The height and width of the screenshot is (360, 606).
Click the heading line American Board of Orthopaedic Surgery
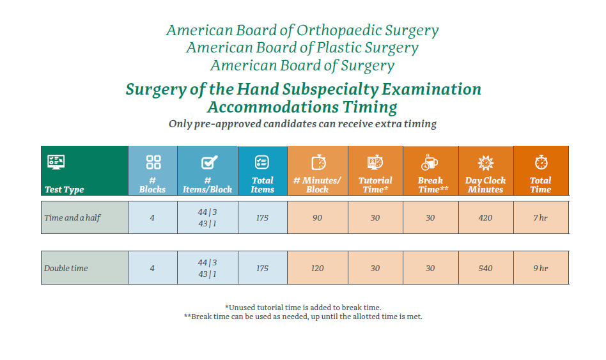(x=302, y=30)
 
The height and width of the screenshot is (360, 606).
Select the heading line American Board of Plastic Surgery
(x=302, y=48)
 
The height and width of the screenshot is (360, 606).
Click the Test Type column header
(x=64, y=189)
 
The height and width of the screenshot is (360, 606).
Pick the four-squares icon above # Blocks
(x=153, y=162)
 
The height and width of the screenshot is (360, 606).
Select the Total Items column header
(x=262, y=185)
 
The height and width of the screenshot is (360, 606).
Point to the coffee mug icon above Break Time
(x=430, y=162)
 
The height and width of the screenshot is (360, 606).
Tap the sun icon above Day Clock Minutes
(x=485, y=162)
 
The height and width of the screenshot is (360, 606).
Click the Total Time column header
(x=540, y=185)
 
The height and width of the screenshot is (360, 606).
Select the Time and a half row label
(x=72, y=217)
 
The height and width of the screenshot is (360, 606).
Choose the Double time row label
(x=66, y=268)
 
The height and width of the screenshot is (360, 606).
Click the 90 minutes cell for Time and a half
(x=317, y=217)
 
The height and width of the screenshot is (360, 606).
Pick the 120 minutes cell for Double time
(x=317, y=268)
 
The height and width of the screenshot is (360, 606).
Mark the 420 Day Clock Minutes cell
(x=485, y=217)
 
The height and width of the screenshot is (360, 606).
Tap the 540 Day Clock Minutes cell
(x=485, y=268)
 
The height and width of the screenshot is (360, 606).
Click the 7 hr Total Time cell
(x=540, y=217)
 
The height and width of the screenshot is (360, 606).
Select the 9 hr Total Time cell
(x=540, y=268)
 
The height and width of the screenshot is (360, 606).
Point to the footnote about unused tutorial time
(x=302, y=308)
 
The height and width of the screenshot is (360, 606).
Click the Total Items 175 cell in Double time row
(x=262, y=268)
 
